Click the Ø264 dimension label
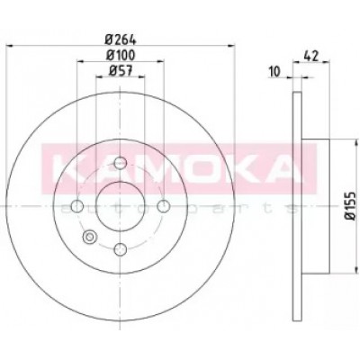pos(121,40)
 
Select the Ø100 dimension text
pos(121,55)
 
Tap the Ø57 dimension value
pos(121,71)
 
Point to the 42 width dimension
pos(311,56)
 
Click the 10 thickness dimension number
pos(274,72)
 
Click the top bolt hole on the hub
pos(121,163)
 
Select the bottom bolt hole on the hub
pos(121,249)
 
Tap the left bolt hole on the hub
pos(77,206)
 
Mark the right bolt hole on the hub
pos(164,206)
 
